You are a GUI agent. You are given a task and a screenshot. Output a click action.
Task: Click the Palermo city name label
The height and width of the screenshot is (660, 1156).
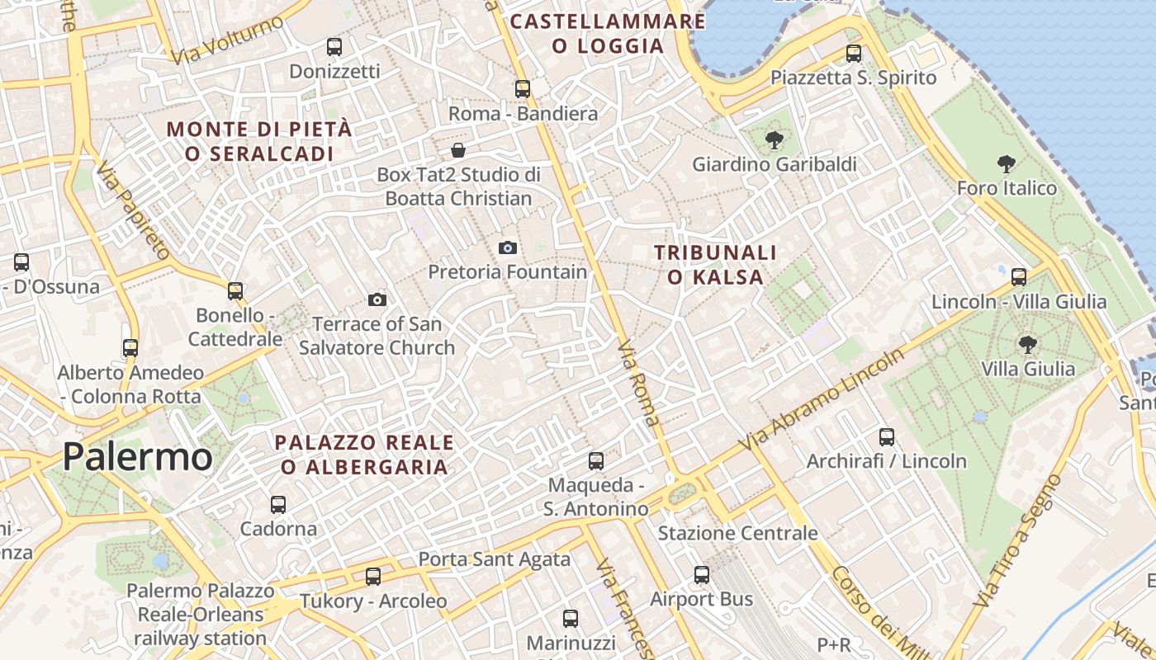click(x=137, y=456)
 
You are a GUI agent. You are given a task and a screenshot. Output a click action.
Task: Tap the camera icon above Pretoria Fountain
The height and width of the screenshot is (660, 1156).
click(x=508, y=247)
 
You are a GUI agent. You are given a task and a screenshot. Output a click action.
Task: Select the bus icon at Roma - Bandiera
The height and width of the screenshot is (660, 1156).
click(x=523, y=89)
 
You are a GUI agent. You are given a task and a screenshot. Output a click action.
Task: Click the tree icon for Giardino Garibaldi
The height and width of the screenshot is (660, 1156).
click(x=774, y=140)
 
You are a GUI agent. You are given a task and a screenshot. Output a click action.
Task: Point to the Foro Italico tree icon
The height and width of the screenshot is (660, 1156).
click(x=1006, y=164)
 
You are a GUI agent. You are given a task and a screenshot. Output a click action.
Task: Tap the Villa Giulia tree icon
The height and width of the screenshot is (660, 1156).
click(x=1027, y=344)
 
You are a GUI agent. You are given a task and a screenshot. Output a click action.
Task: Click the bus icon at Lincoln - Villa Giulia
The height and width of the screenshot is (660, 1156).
click(x=1019, y=277)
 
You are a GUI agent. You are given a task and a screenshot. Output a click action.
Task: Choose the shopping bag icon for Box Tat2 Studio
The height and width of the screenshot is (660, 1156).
click(x=457, y=150)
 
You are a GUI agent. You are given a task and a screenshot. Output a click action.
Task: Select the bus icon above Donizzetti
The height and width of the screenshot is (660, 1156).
click(x=334, y=47)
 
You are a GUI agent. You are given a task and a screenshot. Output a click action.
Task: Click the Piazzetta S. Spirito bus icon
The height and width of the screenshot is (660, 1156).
click(x=854, y=54)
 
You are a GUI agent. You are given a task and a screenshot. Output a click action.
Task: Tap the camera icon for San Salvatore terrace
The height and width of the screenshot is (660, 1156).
click(x=377, y=299)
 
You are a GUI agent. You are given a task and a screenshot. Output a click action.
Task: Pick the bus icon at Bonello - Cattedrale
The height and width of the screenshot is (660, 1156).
click(x=235, y=291)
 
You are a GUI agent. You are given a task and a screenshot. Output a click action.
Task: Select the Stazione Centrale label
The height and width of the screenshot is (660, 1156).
click(x=737, y=533)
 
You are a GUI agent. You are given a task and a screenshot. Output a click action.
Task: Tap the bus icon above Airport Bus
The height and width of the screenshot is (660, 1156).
click(x=702, y=575)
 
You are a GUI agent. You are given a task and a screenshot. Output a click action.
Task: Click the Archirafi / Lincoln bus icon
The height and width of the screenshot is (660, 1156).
click(x=887, y=437)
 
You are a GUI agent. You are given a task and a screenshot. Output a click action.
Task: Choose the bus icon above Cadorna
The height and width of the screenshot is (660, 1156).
click(x=278, y=504)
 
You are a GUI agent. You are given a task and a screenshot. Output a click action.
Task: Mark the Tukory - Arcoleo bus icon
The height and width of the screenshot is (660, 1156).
click(x=373, y=577)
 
